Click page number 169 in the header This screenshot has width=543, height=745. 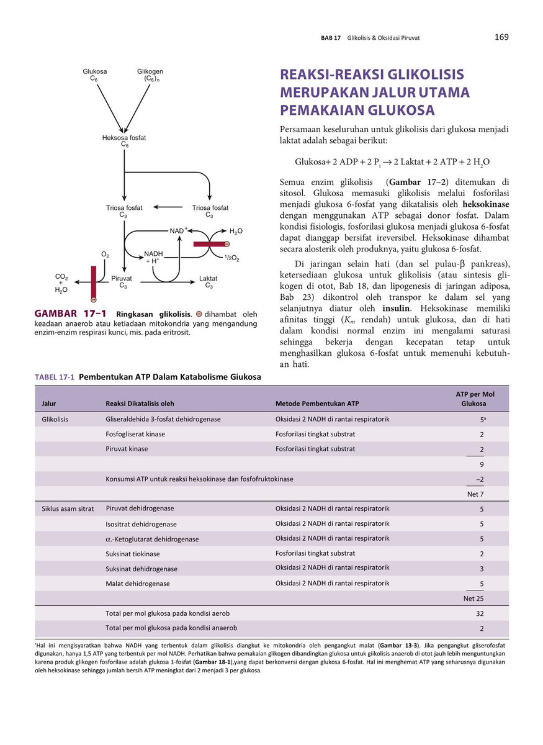click(501, 37)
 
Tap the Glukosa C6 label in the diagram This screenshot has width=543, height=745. click(94, 75)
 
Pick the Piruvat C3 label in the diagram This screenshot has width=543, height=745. click(123, 282)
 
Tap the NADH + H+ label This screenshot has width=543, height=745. click(153, 257)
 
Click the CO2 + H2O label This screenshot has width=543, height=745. click(61, 282)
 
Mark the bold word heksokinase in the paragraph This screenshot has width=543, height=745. click(486, 204)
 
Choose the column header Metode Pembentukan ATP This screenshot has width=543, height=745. click(317, 404)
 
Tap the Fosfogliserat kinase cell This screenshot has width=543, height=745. click(135, 434)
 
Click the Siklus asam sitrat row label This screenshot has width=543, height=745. click(68, 509)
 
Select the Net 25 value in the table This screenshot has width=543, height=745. click(473, 599)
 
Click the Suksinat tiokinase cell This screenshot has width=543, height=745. click(133, 554)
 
